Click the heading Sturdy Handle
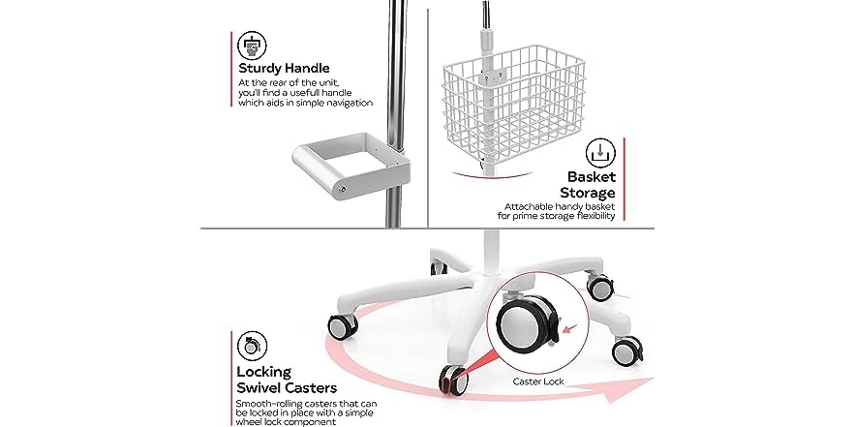click(x=285, y=69)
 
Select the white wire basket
click(x=506, y=106)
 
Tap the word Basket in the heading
click(x=593, y=177)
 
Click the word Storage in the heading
click(x=587, y=193)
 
